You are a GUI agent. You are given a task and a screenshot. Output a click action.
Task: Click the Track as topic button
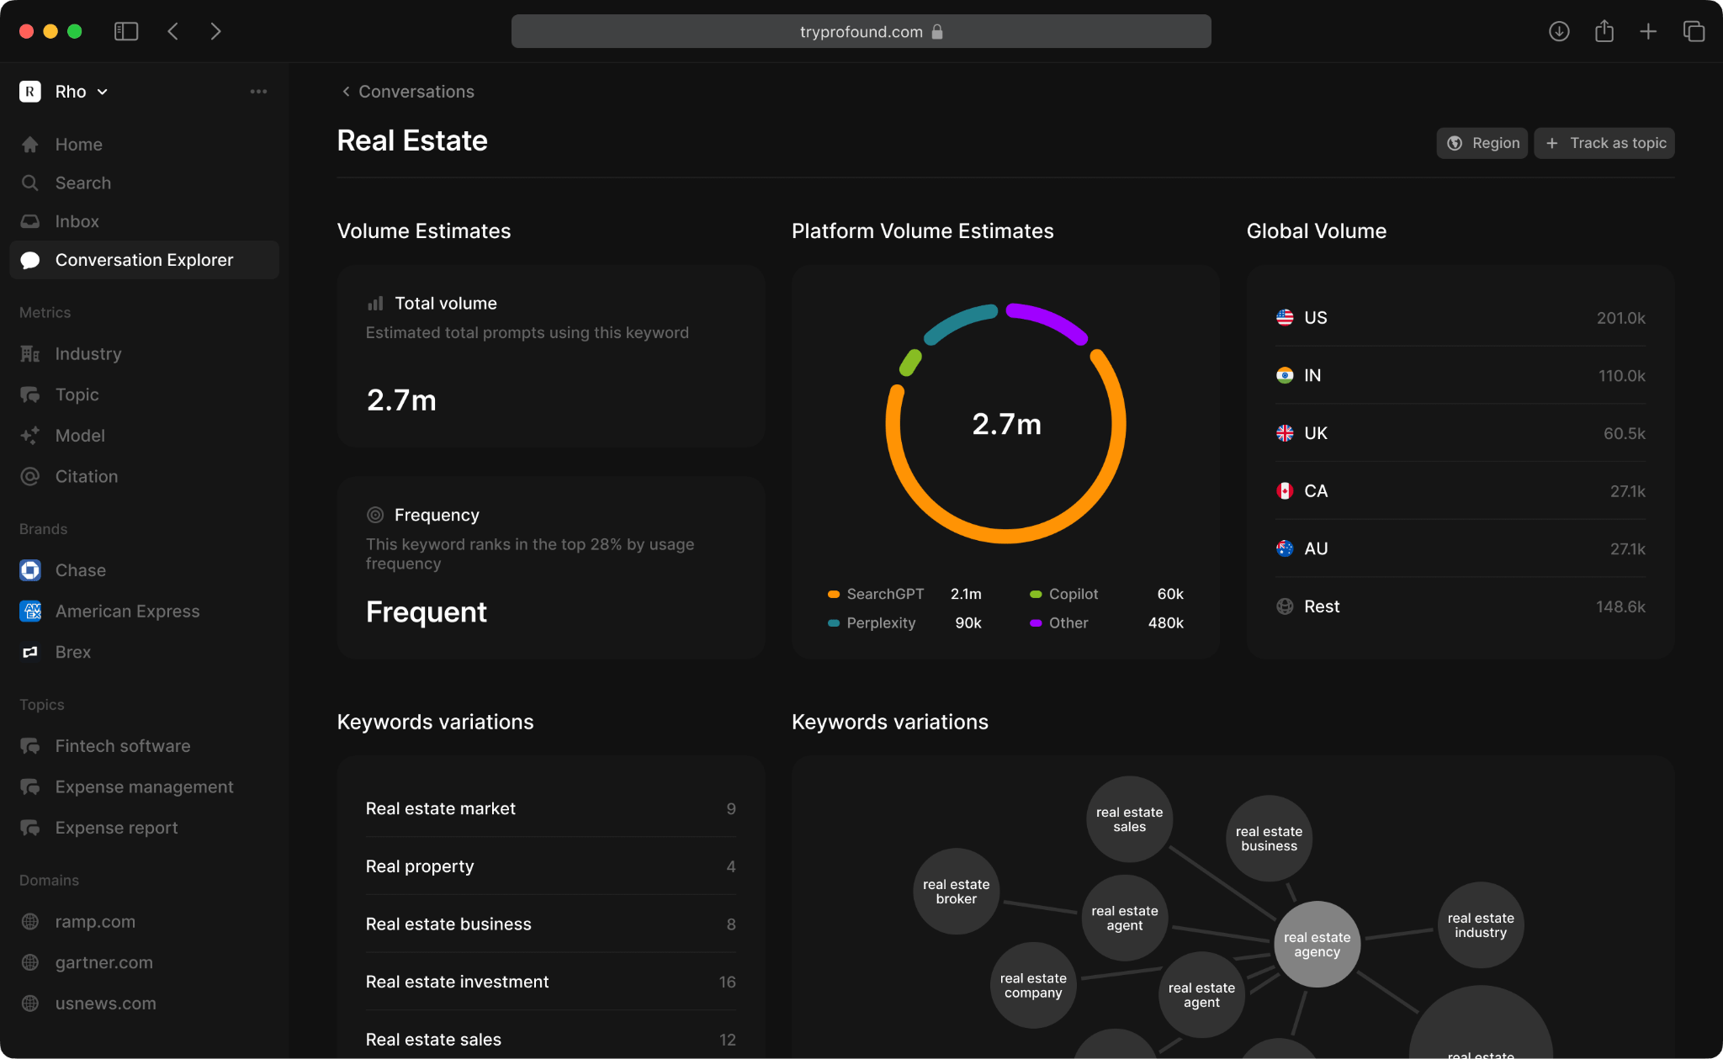coord(1604,143)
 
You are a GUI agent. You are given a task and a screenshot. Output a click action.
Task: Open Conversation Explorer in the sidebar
coord(144,260)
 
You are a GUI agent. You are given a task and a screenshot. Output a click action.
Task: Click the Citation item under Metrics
coord(86,476)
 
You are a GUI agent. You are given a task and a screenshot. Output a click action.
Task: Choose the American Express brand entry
coord(127,612)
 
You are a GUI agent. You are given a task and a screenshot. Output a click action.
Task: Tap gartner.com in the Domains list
coord(103,962)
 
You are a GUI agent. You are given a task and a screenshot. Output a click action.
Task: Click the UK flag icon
coord(1285,433)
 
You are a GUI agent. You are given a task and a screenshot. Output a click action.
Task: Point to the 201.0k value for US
coord(1620,318)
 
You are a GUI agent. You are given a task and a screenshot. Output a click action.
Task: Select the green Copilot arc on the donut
coord(910,363)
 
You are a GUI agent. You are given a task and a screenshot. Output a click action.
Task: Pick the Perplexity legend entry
coord(880,623)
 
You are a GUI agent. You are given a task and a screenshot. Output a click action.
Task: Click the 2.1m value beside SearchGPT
coord(966,594)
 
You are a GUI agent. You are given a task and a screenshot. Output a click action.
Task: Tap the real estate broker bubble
coord(956,892)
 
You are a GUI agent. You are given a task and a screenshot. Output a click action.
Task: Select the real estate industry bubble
coord(1481,925)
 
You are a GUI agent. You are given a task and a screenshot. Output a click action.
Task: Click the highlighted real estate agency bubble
coord(1317,945)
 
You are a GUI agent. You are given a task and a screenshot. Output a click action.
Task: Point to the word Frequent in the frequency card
coord(426,612)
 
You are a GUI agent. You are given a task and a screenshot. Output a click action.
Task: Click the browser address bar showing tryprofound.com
coord(861,32)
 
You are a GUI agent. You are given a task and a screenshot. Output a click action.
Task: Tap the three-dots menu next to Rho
coord(258,92)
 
